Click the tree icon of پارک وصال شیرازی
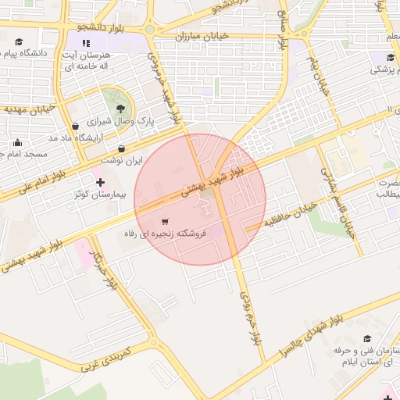click(120, 109)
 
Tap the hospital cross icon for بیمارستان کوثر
click(99, 181)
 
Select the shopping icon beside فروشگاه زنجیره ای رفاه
click(164, 221)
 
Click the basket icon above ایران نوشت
click(121, 148)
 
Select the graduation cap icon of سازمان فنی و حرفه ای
click(367, 338)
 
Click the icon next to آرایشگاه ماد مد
click(75, 126)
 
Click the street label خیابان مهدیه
click(30, 109)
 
